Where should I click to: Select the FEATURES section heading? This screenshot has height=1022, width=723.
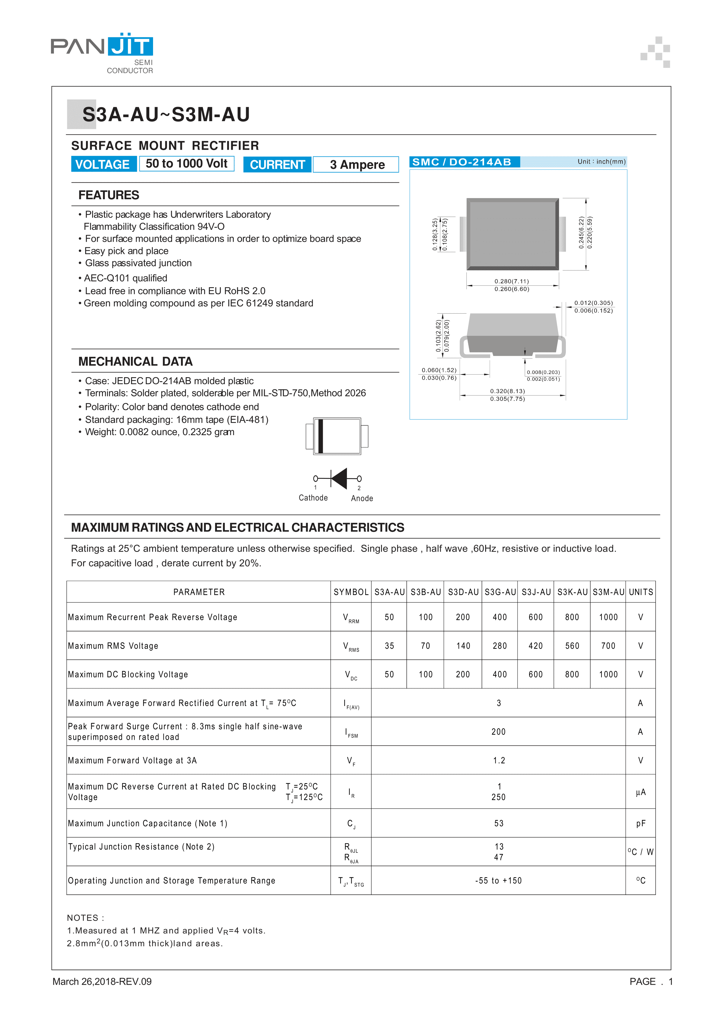pyautogui.click(x=109, y=195)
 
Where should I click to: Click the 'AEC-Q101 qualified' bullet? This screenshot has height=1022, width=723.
pyautogui.click(x=125, y=278)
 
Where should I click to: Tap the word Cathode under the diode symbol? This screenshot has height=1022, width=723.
pyautogui.click(x=313, y=498)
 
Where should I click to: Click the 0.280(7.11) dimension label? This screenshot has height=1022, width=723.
pyautogui.click(x=511, y=281)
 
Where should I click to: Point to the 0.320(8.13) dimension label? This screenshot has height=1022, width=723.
pyautogui.click(x=507, y=391)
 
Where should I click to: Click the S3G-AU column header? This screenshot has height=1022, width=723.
pyautogui.click(x=500, y=592)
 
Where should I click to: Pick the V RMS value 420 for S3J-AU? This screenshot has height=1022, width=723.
pyautogui.click(x=536, y=646)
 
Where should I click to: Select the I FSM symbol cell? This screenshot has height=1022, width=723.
pyautogui.click(x=351, y=732)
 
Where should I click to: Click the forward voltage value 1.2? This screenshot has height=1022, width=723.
pyautogui.click(x=499, y=760)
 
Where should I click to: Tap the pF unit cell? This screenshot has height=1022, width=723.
pyautogui.click(x=640, y=823)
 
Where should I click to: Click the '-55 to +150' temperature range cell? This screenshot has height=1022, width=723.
pyautogui.click(x=498, y=880)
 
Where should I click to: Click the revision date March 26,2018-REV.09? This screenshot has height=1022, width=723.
pyautogui.click(x=102, y=982)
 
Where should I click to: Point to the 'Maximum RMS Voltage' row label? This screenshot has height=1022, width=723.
pyautogui.click(x=113, y=646)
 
